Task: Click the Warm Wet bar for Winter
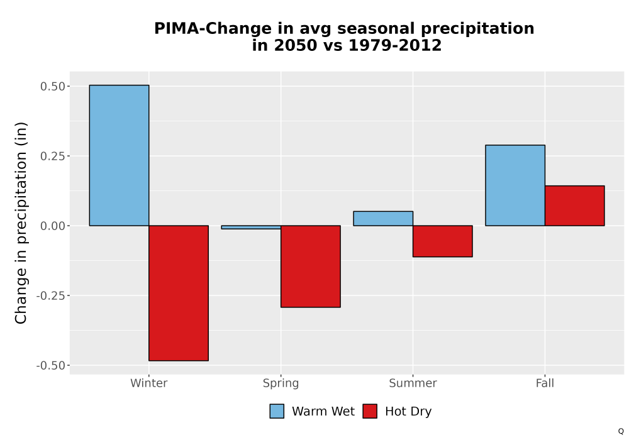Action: click(x=119, y=155)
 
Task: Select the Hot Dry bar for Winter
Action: click(x=179, y=294)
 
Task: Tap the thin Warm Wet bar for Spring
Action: click(x=251, y=227)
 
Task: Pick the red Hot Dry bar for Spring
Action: click(x=311, y=267)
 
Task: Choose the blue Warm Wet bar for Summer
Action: click(x=383, y=218)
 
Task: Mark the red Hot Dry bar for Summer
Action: click(x=443, y=241)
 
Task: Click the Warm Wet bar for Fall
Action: click(x=515, y=185)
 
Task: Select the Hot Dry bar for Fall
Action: click(x=575, y=206)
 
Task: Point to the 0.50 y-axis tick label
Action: click(x=53, y=87)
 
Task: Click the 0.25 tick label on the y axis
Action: click(x=53, y=157)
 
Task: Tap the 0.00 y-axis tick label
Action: click(x=53, y=226)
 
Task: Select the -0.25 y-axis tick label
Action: click(x=50, y=295)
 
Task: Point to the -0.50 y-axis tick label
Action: click(x=50, y=365)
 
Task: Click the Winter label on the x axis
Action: click(x=149, y=383)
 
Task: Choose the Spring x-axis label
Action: click(x=281, y=383)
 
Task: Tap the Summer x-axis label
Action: click(x=413, y=383)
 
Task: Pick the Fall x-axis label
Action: click(x=545, y=383)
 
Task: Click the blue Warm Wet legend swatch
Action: click(x=277, y=411)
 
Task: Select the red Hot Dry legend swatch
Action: click(x=370, y=411)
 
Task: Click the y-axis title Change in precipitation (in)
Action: click(x=21, y=223)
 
